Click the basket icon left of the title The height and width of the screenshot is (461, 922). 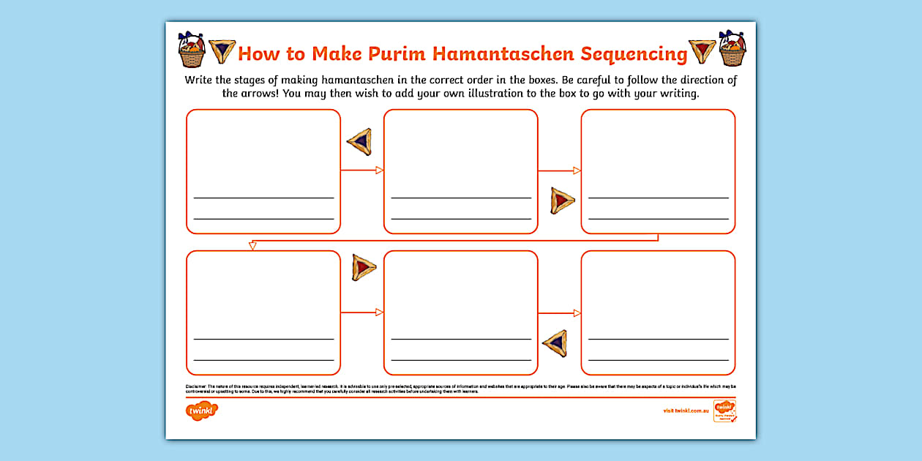point(192,50)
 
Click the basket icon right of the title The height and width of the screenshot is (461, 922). point(732,49)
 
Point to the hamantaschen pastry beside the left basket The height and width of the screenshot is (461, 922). point(222,51)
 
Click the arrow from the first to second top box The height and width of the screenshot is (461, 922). point(362,170)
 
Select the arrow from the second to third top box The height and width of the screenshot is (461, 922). point(559,170)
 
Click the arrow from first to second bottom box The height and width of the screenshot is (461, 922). point(362,312)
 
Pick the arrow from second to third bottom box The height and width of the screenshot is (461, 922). point(559,312)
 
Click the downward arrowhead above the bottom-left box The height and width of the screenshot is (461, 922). point(252,245)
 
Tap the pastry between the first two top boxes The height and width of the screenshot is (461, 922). point(359,141)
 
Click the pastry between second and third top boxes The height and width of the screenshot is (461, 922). point(563,200)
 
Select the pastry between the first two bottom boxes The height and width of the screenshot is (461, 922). point(364,267)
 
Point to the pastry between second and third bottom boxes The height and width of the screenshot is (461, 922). point(555,341)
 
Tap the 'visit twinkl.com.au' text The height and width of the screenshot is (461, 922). point(686,411)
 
